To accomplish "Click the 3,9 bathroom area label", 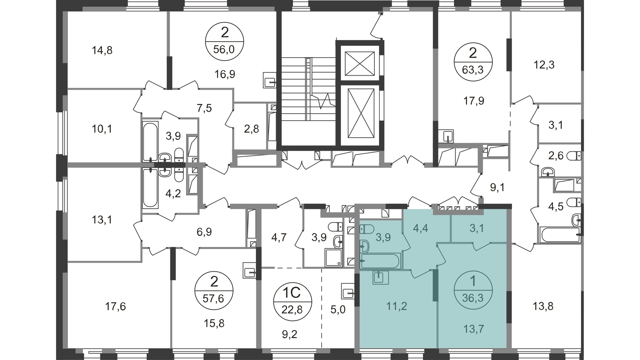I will point(383,237).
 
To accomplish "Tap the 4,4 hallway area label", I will point(420,229).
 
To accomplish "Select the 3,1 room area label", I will point(477,229).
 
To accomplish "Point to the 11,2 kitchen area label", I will point(397,306).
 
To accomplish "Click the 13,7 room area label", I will point(473,329).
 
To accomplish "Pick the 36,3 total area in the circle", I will point(473,298).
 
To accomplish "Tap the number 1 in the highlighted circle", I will point(473,282).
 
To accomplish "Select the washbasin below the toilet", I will point(365,247).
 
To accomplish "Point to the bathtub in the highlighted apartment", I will point(380,261).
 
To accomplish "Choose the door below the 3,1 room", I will point(480,246).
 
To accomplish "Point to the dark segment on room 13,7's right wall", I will point(509,307).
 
